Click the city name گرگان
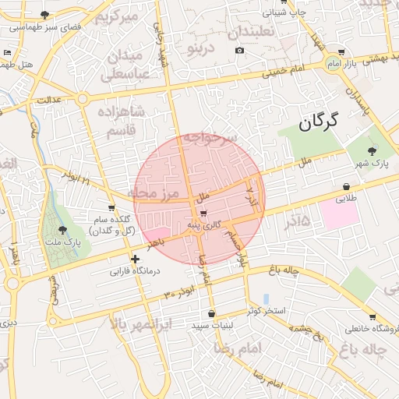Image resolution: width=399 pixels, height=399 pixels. click(320, 121)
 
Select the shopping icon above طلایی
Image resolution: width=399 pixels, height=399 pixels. click(346, 187)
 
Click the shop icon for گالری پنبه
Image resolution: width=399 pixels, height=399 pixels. click(203, 213)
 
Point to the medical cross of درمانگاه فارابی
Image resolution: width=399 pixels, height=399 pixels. click(136, 259)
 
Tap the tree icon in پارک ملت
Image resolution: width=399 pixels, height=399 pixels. click(62, 229)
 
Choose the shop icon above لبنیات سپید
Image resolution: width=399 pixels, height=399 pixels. click(211, 313)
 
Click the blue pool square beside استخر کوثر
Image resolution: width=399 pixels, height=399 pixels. click(267, 299)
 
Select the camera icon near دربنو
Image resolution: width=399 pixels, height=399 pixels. click(239, 51)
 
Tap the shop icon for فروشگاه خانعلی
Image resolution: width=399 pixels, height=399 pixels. click(373, 317)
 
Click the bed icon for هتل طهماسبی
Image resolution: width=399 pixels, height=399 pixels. click(8, 52)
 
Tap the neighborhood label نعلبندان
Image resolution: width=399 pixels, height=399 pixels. click(261, 33)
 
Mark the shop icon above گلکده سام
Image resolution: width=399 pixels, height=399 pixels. click(111, 208)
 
